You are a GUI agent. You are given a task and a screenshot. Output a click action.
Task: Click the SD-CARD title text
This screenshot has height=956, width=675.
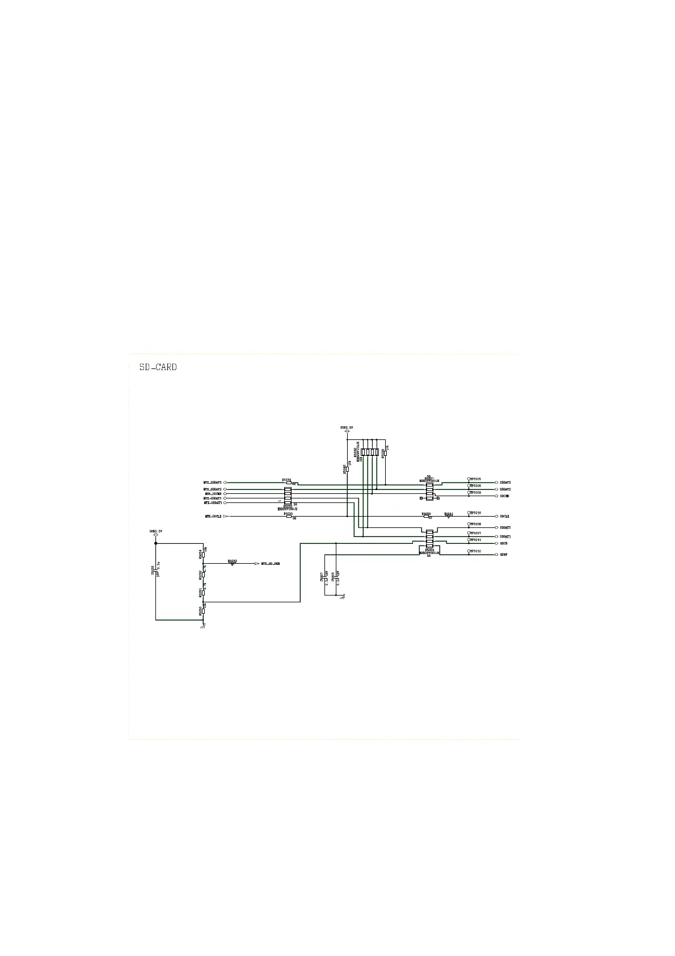click(158, 367)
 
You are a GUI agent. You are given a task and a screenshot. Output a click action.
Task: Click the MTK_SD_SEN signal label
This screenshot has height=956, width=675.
click(271, 564)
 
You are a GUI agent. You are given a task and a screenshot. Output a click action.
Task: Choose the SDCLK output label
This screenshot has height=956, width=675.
click(504, 517)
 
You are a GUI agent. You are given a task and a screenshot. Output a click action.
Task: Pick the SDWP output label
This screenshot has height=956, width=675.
click(504, 555)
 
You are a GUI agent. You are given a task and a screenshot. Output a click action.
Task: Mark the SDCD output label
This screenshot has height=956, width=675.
click(504, 543)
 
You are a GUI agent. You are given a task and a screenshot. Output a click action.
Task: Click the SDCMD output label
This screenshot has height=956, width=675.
click(504, 496)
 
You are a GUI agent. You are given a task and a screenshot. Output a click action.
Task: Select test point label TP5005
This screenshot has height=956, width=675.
click(475, 479)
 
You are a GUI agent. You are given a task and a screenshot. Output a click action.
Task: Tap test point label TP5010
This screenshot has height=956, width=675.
click(475, 513)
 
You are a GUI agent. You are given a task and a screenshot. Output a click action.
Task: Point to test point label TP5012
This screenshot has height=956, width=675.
click(475, 551)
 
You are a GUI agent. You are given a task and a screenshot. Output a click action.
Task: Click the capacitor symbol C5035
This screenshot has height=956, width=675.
click(156, 571)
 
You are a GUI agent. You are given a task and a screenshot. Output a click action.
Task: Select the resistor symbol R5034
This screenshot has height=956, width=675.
click(203, 553)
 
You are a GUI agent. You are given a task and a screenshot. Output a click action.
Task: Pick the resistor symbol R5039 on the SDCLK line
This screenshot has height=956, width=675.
click(427, 517)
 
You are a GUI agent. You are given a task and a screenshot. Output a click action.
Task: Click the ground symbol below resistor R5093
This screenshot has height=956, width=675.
click(203, 626)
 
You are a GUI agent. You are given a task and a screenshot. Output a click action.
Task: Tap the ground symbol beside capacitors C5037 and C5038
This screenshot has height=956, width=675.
click(343, 597)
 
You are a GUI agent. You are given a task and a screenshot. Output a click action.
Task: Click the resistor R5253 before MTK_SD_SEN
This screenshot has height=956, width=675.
click(233, 564)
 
